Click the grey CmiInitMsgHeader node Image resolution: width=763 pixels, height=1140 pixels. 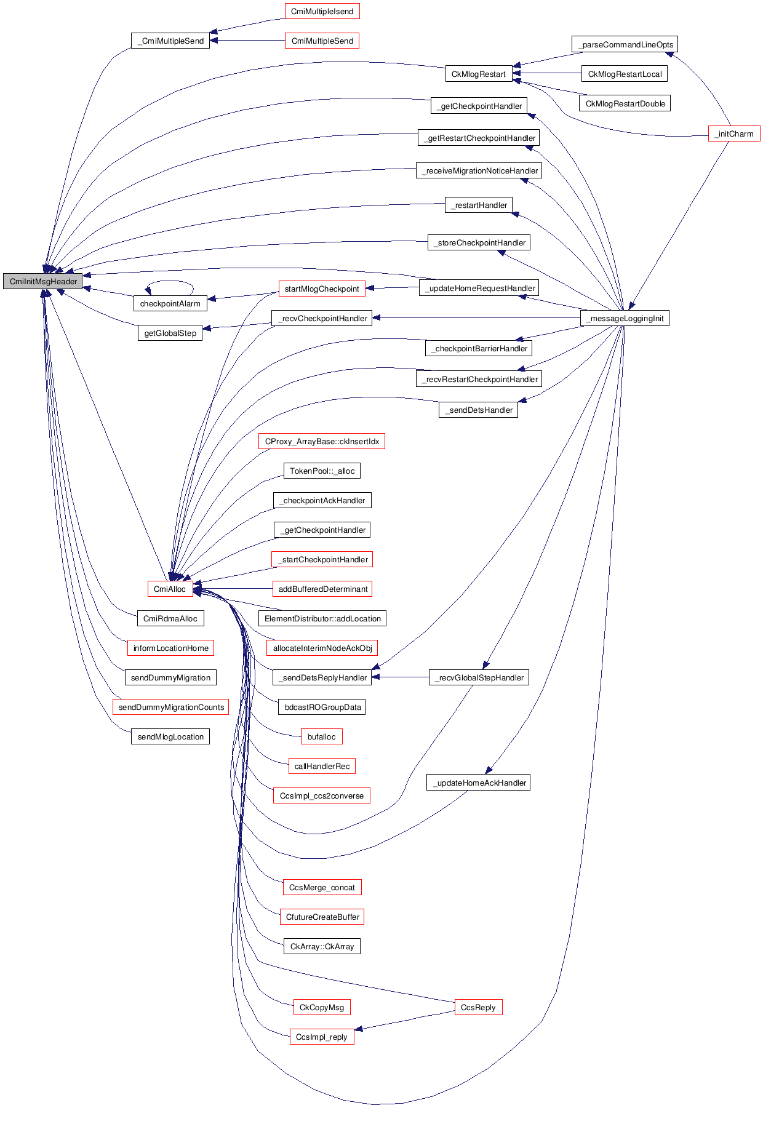click(42, 281)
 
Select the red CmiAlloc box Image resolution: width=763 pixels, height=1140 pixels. click(169, 589)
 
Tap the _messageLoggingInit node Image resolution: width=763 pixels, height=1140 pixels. click(625, 318)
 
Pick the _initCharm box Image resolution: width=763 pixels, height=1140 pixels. click(733, 134)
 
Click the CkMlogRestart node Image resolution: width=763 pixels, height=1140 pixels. click(478, 74)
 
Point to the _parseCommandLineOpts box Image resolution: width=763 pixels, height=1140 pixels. click(625, 44)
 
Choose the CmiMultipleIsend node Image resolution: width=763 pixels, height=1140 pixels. click(322, 11)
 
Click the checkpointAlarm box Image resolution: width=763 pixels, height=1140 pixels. click(170, 303)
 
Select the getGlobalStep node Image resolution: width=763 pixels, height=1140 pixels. click(170, 333)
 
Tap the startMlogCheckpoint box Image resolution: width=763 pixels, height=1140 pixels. click(322, 289)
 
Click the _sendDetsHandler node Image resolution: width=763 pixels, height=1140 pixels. click(478, 410)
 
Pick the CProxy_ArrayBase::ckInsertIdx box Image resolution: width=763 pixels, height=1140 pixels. click(322, 441)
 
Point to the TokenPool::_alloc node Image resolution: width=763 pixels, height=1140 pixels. click(322, 471)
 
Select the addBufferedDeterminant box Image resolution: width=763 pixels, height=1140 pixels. click(322, 589)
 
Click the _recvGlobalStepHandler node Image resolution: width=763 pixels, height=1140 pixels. click(479, 677)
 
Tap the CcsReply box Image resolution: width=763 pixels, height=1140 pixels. click(478, 1007)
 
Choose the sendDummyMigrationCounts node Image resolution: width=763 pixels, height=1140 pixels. click(170, 707)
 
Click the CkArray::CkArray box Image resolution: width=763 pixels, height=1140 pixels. click(322, 946)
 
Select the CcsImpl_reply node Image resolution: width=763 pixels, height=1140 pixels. click(322, 1037)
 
